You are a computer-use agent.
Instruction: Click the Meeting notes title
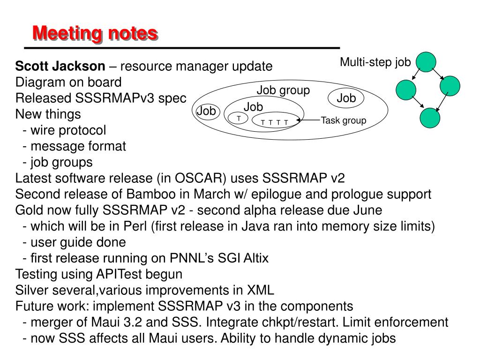click(x=95, y=33)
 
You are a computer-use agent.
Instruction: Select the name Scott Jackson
click(x=60, y=66)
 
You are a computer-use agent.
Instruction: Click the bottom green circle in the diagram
click(x=430, y=118)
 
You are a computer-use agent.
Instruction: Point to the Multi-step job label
click(x=375, y=62)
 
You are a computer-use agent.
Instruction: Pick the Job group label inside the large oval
click(x=283, y=90)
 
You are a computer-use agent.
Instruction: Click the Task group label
click(x=343, y=120)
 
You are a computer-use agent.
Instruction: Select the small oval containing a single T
click(x=239, y=119)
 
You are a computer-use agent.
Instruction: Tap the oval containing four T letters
click(x=275, y=122)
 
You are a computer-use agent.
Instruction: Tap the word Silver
click(x=32, y=290)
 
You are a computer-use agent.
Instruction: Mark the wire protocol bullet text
click(x=68, y=130)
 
